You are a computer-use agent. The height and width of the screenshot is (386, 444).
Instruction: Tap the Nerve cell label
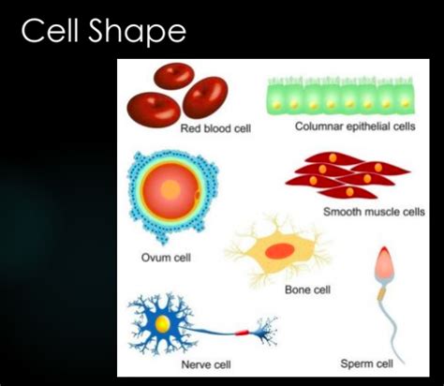click(205, 364)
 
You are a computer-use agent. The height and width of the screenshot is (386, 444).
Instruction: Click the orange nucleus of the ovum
click(170, 189)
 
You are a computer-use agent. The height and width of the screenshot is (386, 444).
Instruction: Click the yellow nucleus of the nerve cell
click(163, 324)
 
